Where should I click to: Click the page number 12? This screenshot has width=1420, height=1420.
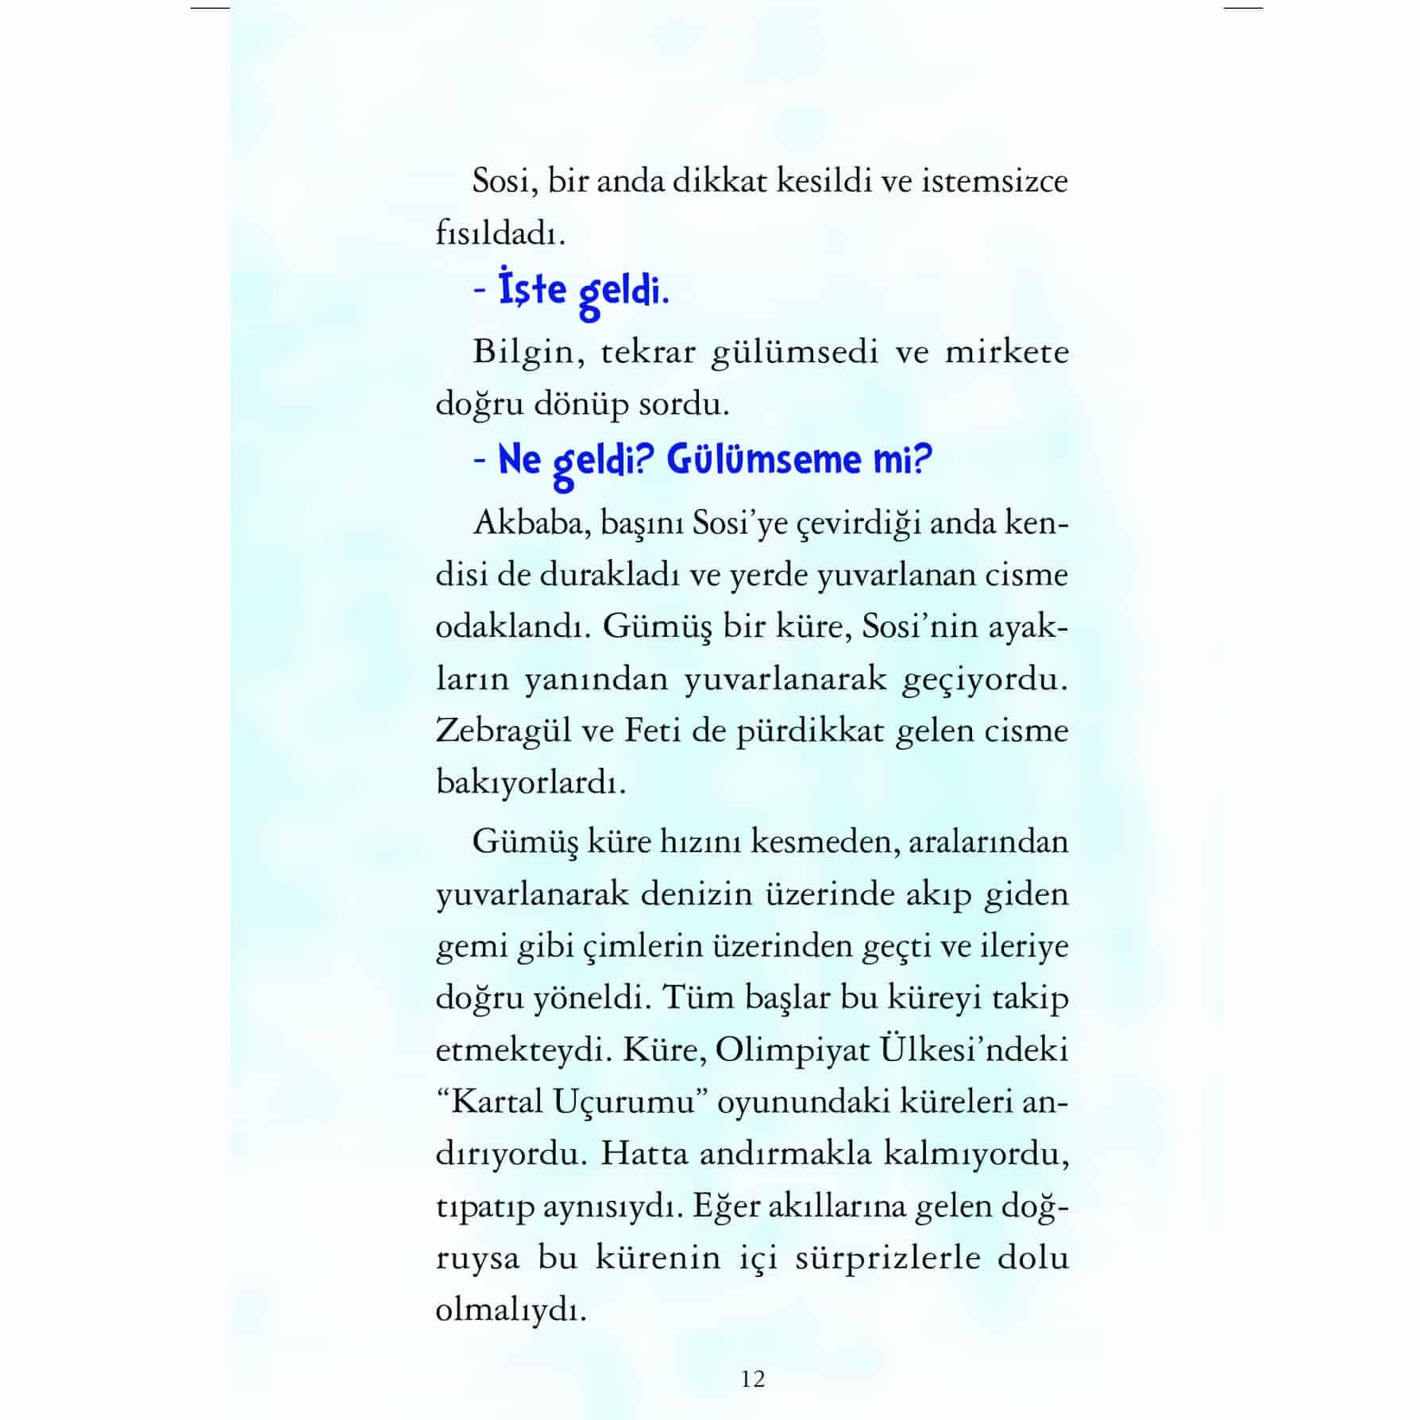pyautogui.click(x=753, y=1379)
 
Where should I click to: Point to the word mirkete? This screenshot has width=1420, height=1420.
pyautogui.click(x=1006, y=353)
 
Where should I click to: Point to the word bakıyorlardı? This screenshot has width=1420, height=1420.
pyautogui.click(x=531, y=784)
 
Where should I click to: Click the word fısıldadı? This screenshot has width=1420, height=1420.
pyautogui.click(x=500, y=234)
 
